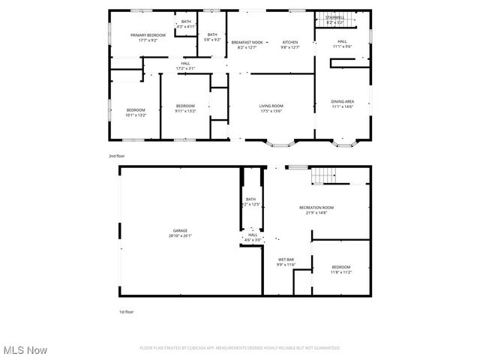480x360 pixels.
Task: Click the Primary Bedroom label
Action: tap(148, 35)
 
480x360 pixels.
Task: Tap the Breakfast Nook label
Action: tap(247, 42)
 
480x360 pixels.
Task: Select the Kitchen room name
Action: tap(290, 42)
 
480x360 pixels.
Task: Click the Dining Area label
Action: tap(343, 101)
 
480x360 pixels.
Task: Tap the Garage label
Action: tap(181, 230)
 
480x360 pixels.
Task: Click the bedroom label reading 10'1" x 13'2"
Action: tap(136, 110)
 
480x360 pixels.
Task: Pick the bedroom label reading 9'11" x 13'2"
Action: tap(185, 106)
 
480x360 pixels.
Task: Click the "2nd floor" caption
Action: tap(117, 155)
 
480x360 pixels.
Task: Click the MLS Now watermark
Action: tap(25, 350)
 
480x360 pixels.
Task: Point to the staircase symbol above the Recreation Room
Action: tap(322, 176)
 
